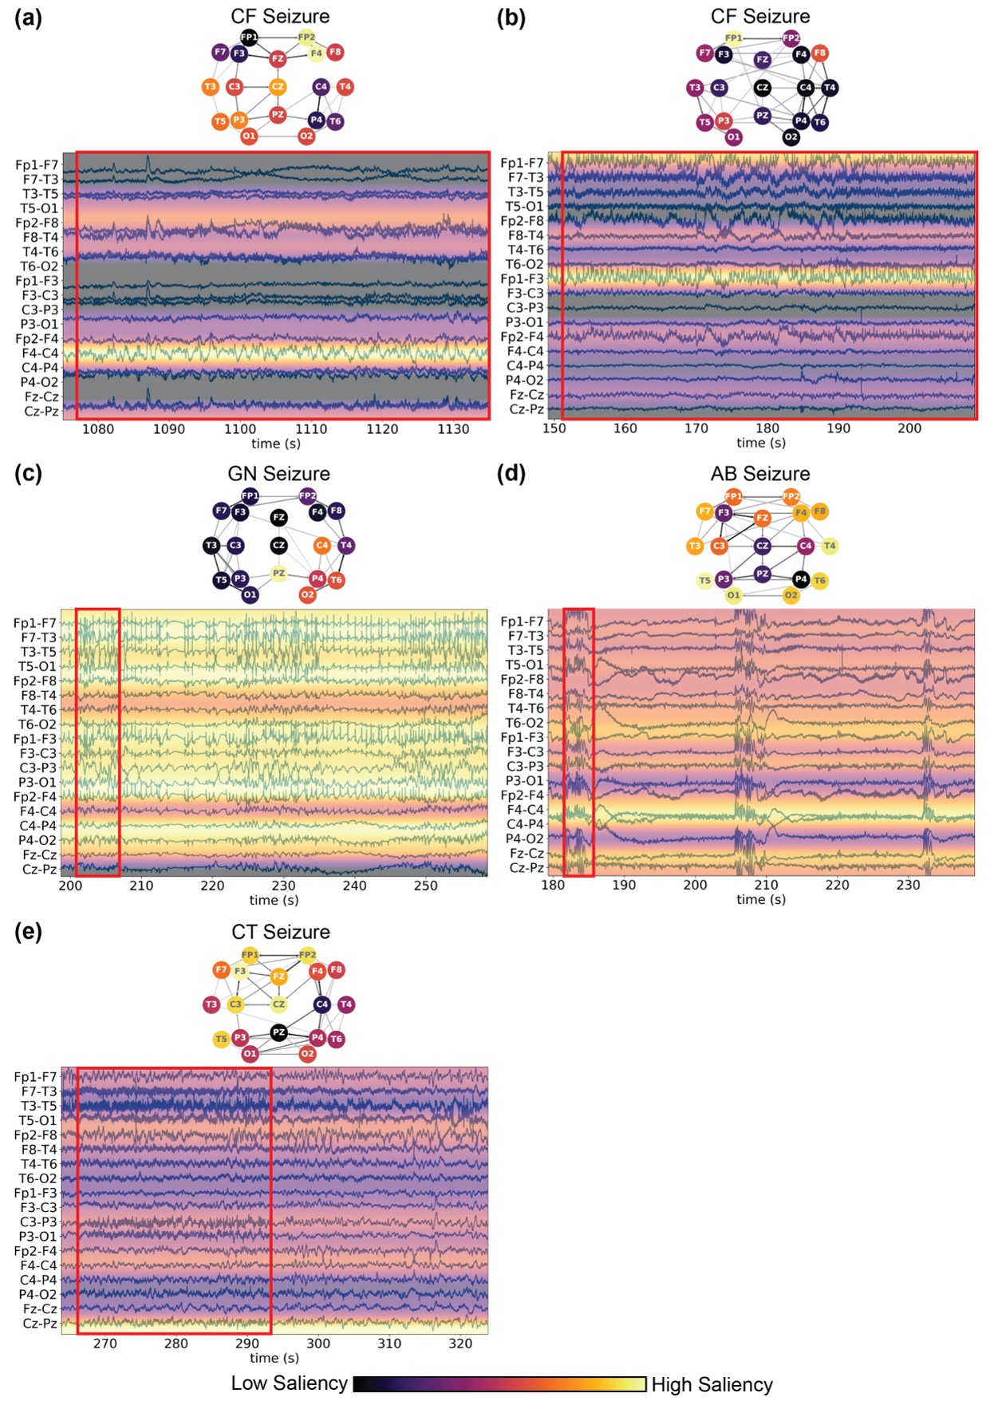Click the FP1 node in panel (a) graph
pos(249,37)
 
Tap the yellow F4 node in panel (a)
pos(316,53)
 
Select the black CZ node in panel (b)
pos(763,88)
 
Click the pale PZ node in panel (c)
pos(278,573)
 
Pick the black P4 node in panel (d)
pos(800,578)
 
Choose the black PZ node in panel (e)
pos(278,1032)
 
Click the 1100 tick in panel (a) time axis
pos(240,429)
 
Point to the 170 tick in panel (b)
pos(696,428)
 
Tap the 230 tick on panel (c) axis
pos(283,886)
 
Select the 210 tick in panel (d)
pos(766,885)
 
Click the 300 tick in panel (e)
pos(318,1344)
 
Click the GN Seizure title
pos(278,474)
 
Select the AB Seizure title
pos(760,474)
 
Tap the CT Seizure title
pos(280,932)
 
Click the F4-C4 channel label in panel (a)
pos(40,353)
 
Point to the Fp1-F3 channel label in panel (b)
pos(522,278)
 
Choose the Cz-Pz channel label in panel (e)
pos(40,1323)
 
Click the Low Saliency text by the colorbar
pos(289,1383)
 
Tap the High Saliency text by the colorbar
pos(712,1384)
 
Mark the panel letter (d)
pos(511,473)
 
